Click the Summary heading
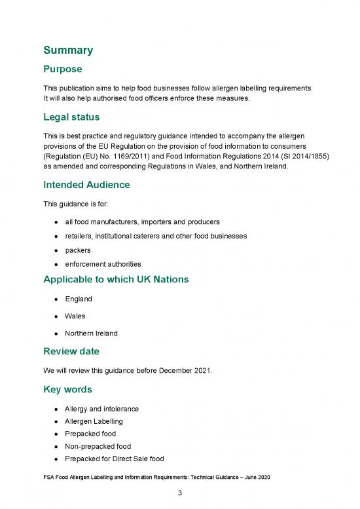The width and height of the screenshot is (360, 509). (x=68, y=50)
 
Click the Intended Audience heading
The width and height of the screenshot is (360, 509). (x=86, y=185)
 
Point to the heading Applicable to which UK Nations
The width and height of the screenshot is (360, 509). (x=116, y=280)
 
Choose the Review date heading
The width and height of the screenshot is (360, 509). (x=71, y=351)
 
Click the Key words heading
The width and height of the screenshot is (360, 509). (x=67, y=388)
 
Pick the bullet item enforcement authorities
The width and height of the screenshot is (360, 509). (x=103, y=264)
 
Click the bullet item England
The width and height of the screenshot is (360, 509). (x=79, y=299)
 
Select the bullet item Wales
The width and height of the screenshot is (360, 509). (x=75, y=316)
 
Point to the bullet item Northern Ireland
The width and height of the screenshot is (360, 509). (x=91, y=333)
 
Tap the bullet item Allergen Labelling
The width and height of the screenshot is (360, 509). (x=93, y=421)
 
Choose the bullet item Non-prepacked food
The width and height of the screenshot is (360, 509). (x=97, y=446)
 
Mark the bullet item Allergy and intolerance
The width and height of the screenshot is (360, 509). (x=101, y=409)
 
